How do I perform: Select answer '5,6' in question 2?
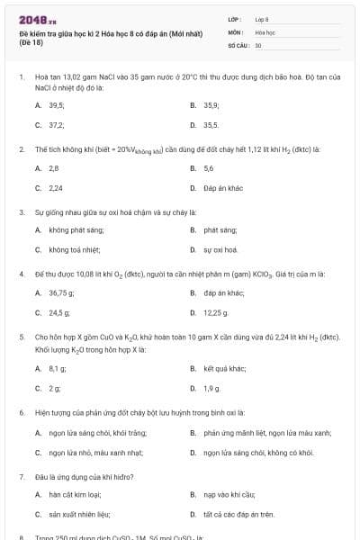[209, 168]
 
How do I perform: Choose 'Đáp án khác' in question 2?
[220, 188]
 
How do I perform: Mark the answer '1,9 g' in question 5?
[212, 388]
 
